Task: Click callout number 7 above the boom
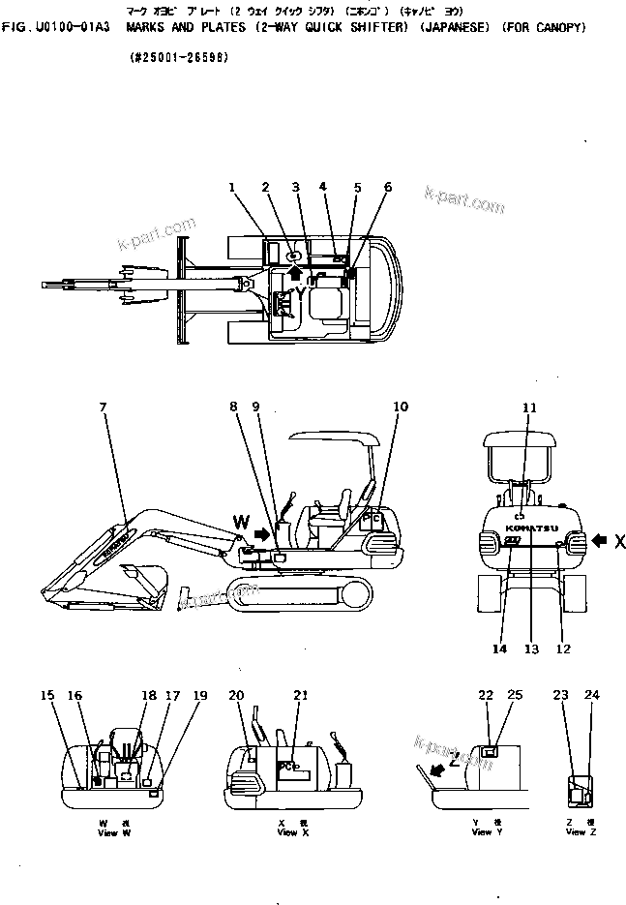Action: click(x=104, y=407)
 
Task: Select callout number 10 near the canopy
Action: click(x=401, y=407)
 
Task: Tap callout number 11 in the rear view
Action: click(x=529, y=407)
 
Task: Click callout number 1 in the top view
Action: click(x=232, y=186)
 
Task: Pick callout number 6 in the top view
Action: click(x=387, y=186)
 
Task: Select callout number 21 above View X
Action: click(x=301, y=695)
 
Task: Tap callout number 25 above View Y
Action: click(x=515, y=695)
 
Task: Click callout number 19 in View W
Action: click(x=200, y=695)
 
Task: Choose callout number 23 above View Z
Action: click(x=560, y=695)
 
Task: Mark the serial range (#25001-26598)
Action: click(x=179, y=58)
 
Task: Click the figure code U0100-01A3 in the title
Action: click(x=73, y=28)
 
